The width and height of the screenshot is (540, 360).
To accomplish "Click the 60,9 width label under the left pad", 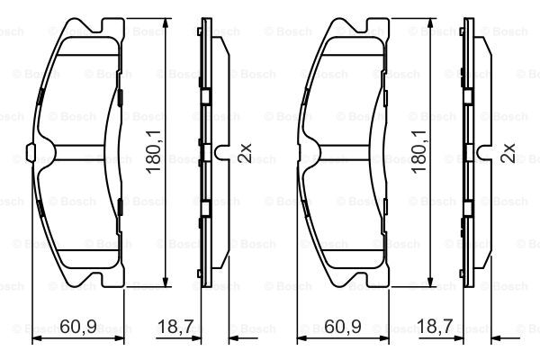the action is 78,326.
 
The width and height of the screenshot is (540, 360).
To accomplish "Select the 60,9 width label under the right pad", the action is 343,326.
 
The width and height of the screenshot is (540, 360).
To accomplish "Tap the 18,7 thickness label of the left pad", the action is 175,326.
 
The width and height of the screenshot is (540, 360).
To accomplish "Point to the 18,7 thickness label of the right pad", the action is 435,326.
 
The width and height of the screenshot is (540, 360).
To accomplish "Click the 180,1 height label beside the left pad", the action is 154,151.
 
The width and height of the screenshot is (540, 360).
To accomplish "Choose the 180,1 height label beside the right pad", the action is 419,151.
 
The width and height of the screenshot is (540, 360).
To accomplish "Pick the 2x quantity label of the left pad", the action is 245,153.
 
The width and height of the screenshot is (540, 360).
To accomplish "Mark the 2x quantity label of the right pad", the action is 509,153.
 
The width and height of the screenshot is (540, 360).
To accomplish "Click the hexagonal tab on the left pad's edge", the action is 31,152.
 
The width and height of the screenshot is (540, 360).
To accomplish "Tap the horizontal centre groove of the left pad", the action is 78,152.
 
